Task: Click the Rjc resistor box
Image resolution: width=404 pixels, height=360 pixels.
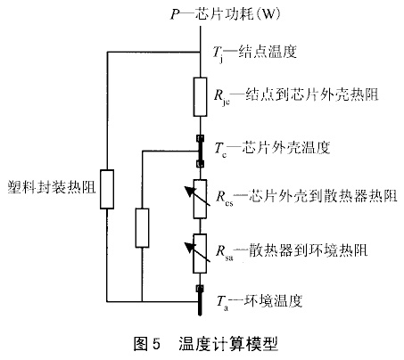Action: coord(200,97)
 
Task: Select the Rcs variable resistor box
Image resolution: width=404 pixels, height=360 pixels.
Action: coord(200,199)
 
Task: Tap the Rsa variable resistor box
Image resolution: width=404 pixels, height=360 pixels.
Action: coord(200,253)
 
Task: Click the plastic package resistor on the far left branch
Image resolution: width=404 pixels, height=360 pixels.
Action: coord(107,189)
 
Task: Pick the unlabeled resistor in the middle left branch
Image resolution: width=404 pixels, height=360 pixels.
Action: coord(142,228)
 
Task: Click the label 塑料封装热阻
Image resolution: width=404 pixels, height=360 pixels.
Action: coord(52,187)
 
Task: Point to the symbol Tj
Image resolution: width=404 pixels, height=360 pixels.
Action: coord(218,53)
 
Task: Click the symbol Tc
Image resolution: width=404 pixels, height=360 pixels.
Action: coord(220,149)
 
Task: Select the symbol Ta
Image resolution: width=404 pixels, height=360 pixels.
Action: coord(222,303)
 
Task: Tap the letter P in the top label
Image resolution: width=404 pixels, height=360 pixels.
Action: coord(175,14)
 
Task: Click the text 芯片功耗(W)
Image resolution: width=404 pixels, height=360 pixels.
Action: coord(238,14)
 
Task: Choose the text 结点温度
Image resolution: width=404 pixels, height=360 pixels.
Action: coord(268,52)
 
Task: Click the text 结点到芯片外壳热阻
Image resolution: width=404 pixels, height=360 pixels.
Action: coord(312,94)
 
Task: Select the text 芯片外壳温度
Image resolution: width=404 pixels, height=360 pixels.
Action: coord(286,147)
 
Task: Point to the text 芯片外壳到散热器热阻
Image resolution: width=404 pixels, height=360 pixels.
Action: coord(323,195)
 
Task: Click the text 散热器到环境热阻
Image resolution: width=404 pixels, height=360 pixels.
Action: coord(309,250)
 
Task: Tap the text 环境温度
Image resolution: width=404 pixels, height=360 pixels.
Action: coord(273,300)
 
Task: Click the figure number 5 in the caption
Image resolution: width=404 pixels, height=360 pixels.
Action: coord(156,344)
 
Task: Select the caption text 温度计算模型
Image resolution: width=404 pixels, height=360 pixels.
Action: coord(228,344)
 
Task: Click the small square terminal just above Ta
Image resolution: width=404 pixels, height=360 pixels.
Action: coord(200,288)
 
